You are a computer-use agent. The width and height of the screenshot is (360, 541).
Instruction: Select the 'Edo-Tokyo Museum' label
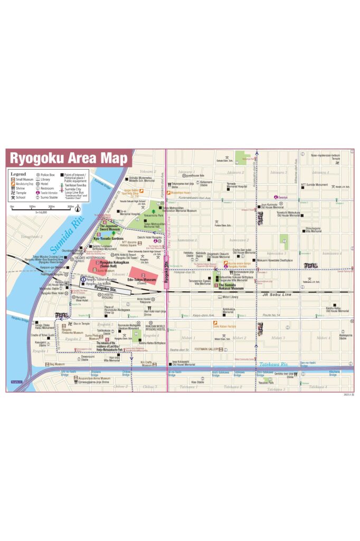click(142, 279)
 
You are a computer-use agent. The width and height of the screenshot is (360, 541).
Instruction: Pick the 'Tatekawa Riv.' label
click(274, 364)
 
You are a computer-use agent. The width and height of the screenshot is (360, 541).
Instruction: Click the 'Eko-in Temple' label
click(82, 323)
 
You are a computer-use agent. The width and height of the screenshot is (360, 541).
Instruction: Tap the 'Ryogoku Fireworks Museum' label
click(72, 332)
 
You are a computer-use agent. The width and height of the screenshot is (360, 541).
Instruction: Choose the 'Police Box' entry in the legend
click(48, 174)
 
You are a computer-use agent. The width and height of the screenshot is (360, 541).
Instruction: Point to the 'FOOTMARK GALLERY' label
click(206, 349)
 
